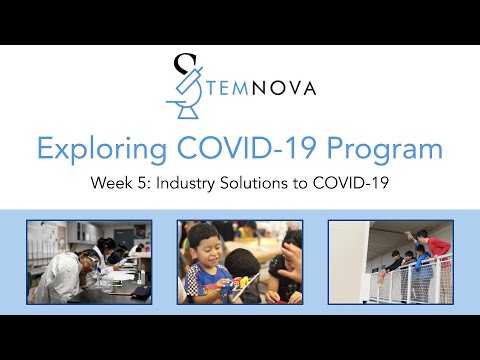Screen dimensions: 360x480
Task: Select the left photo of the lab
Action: (89, 262)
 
